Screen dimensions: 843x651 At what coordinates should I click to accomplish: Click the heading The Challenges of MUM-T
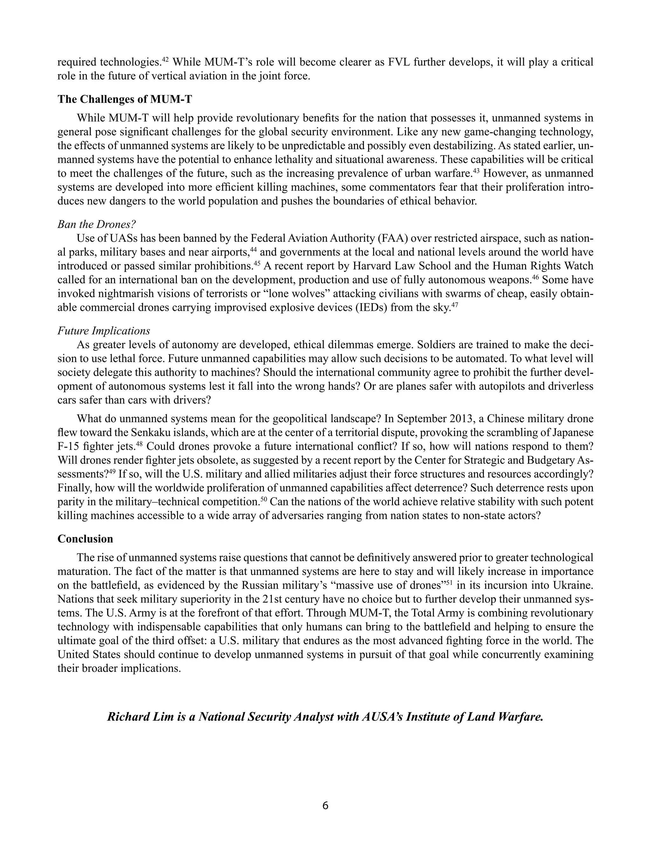[125, 99]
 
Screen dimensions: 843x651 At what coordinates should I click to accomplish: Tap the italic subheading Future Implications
[104, 331]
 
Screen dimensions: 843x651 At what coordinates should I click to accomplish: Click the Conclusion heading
[85, 539]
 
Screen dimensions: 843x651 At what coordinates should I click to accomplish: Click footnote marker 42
[165, 59]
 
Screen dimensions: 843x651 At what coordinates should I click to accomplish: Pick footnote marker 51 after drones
[449, 583]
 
